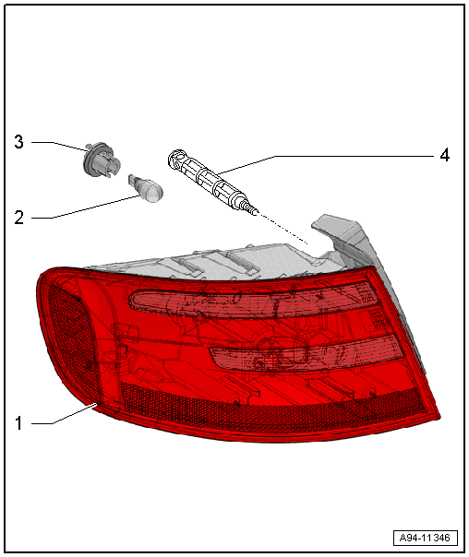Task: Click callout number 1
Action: coord(18,423)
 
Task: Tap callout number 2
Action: coord(18,217)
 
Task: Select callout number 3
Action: coord(18,142)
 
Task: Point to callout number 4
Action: coord(444,156)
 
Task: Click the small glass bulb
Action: coord(147,189)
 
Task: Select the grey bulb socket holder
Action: coord(102,160)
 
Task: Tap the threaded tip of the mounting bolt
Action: coord(251,209)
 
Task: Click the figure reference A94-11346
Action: coord(426,538)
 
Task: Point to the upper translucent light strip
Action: coord(252,299)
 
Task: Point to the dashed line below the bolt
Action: coord(283,229)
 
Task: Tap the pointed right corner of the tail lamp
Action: coord(439,416)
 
